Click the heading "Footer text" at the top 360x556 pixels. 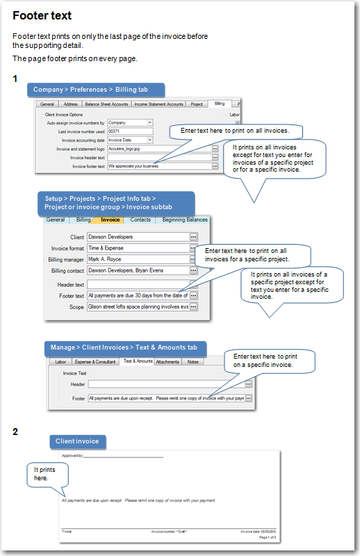coord(42,15)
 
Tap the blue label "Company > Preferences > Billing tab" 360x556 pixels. coord(97,90)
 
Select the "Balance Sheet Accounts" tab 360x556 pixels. coord(106,104)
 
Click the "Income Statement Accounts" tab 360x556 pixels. coord(158,104)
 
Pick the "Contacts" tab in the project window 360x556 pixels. coord(140,220)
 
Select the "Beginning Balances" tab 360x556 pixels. coord(185,220)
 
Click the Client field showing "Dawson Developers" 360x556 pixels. coord(138,237)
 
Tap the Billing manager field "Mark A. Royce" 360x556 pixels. coord(138,259)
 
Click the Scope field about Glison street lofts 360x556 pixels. coord(138,306)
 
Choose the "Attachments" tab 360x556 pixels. coord(167,361)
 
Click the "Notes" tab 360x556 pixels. coord(193,361)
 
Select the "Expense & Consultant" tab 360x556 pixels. coord(96,361)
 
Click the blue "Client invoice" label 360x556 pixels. coord(77,441)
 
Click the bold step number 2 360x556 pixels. coord(16,432)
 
